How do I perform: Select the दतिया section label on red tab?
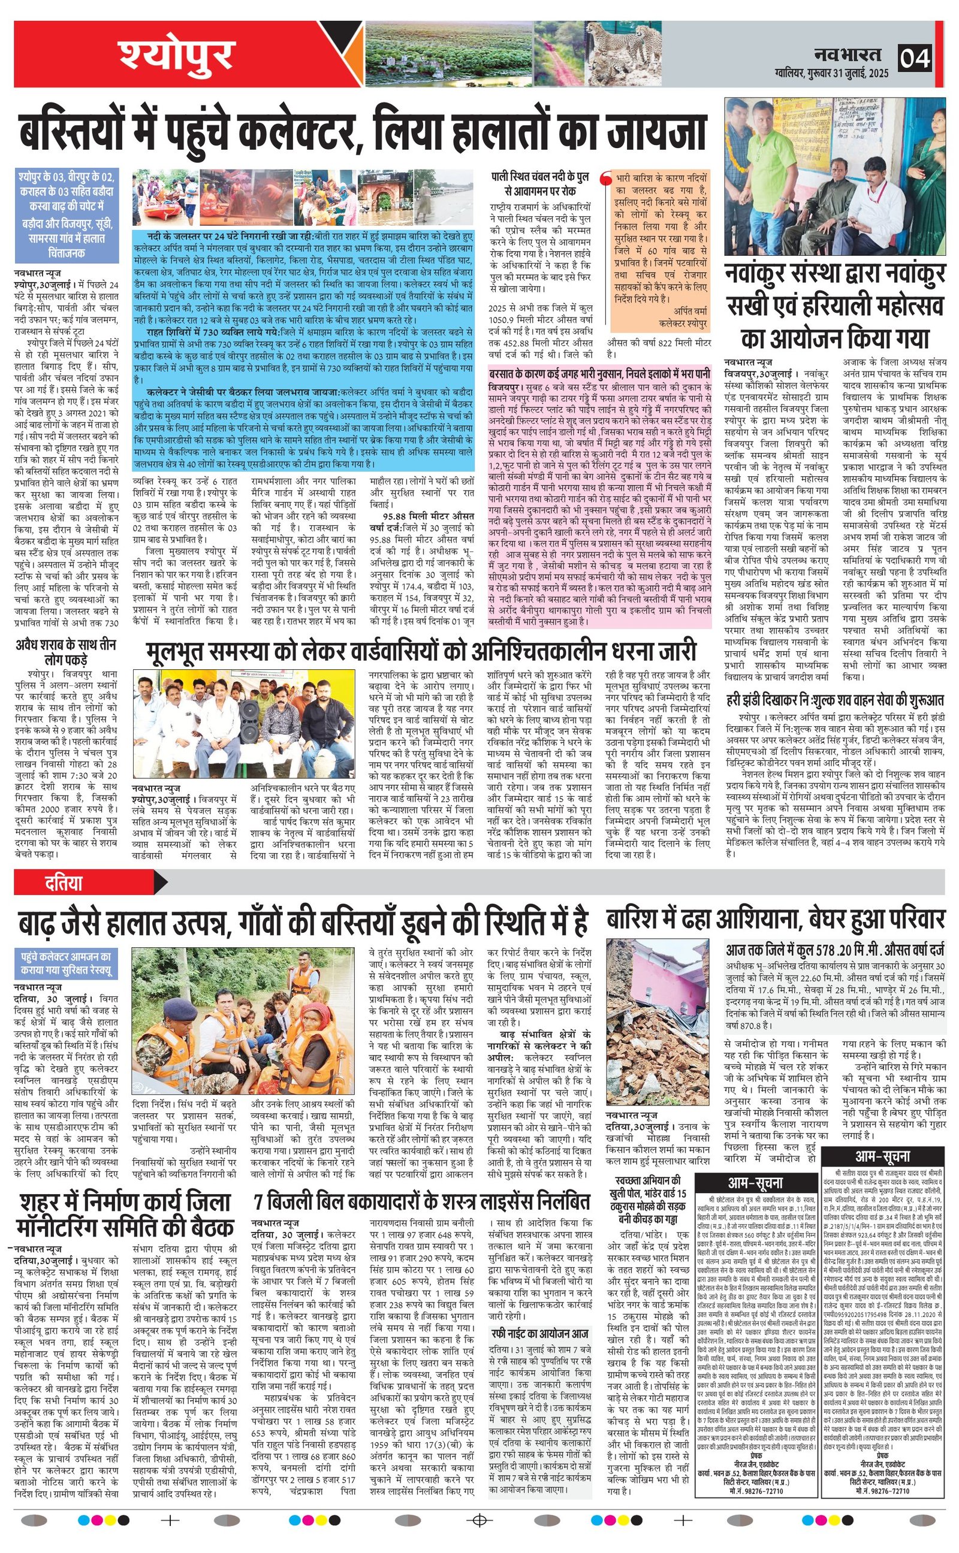click(x=64, y=883)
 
